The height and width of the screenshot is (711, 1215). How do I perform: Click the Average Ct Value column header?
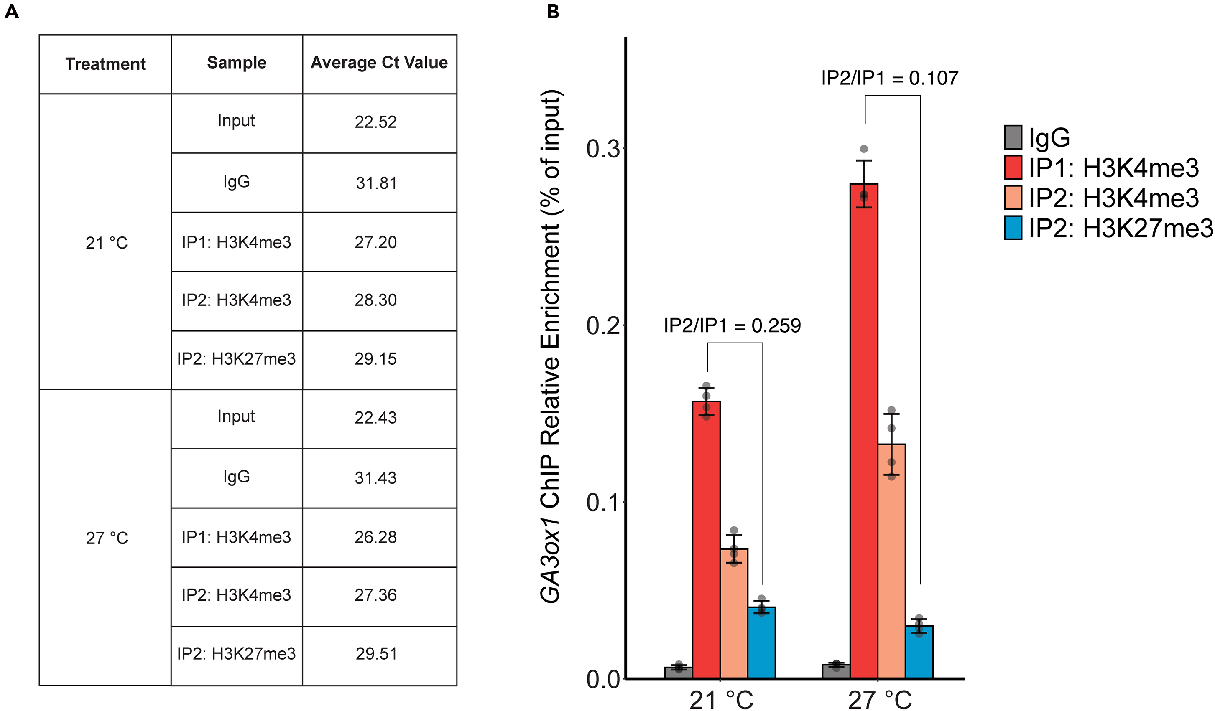[379, 63]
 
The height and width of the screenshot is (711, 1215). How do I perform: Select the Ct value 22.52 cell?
[375, 122]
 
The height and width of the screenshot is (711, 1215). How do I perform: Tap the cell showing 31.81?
[376, 183]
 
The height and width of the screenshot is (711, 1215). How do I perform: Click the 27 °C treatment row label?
[107, 538]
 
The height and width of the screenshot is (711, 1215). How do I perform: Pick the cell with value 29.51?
[376, 654]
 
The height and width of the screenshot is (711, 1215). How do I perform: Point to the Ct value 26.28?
[375, 537]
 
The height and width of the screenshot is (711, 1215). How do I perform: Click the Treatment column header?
[106, 63]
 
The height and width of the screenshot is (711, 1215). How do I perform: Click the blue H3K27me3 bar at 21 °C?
[761, 642]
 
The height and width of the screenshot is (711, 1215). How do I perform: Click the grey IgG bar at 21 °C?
[679, 673]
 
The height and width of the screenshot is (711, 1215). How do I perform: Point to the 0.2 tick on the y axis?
[602, 326]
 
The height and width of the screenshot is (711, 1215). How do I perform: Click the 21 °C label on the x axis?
[720, 700]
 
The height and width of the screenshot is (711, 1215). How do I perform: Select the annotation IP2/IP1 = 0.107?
[890, 78]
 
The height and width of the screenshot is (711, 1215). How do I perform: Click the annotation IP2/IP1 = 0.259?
[732, 326]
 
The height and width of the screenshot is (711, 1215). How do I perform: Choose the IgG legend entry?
[1049, 137]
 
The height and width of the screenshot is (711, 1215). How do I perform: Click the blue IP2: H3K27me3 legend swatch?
[1013, 228]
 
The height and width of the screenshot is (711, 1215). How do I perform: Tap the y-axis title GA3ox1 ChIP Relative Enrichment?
[550, 347]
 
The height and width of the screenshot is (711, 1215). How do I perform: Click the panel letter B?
[553, 12]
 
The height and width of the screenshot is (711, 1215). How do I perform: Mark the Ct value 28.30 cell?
[375, 300]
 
